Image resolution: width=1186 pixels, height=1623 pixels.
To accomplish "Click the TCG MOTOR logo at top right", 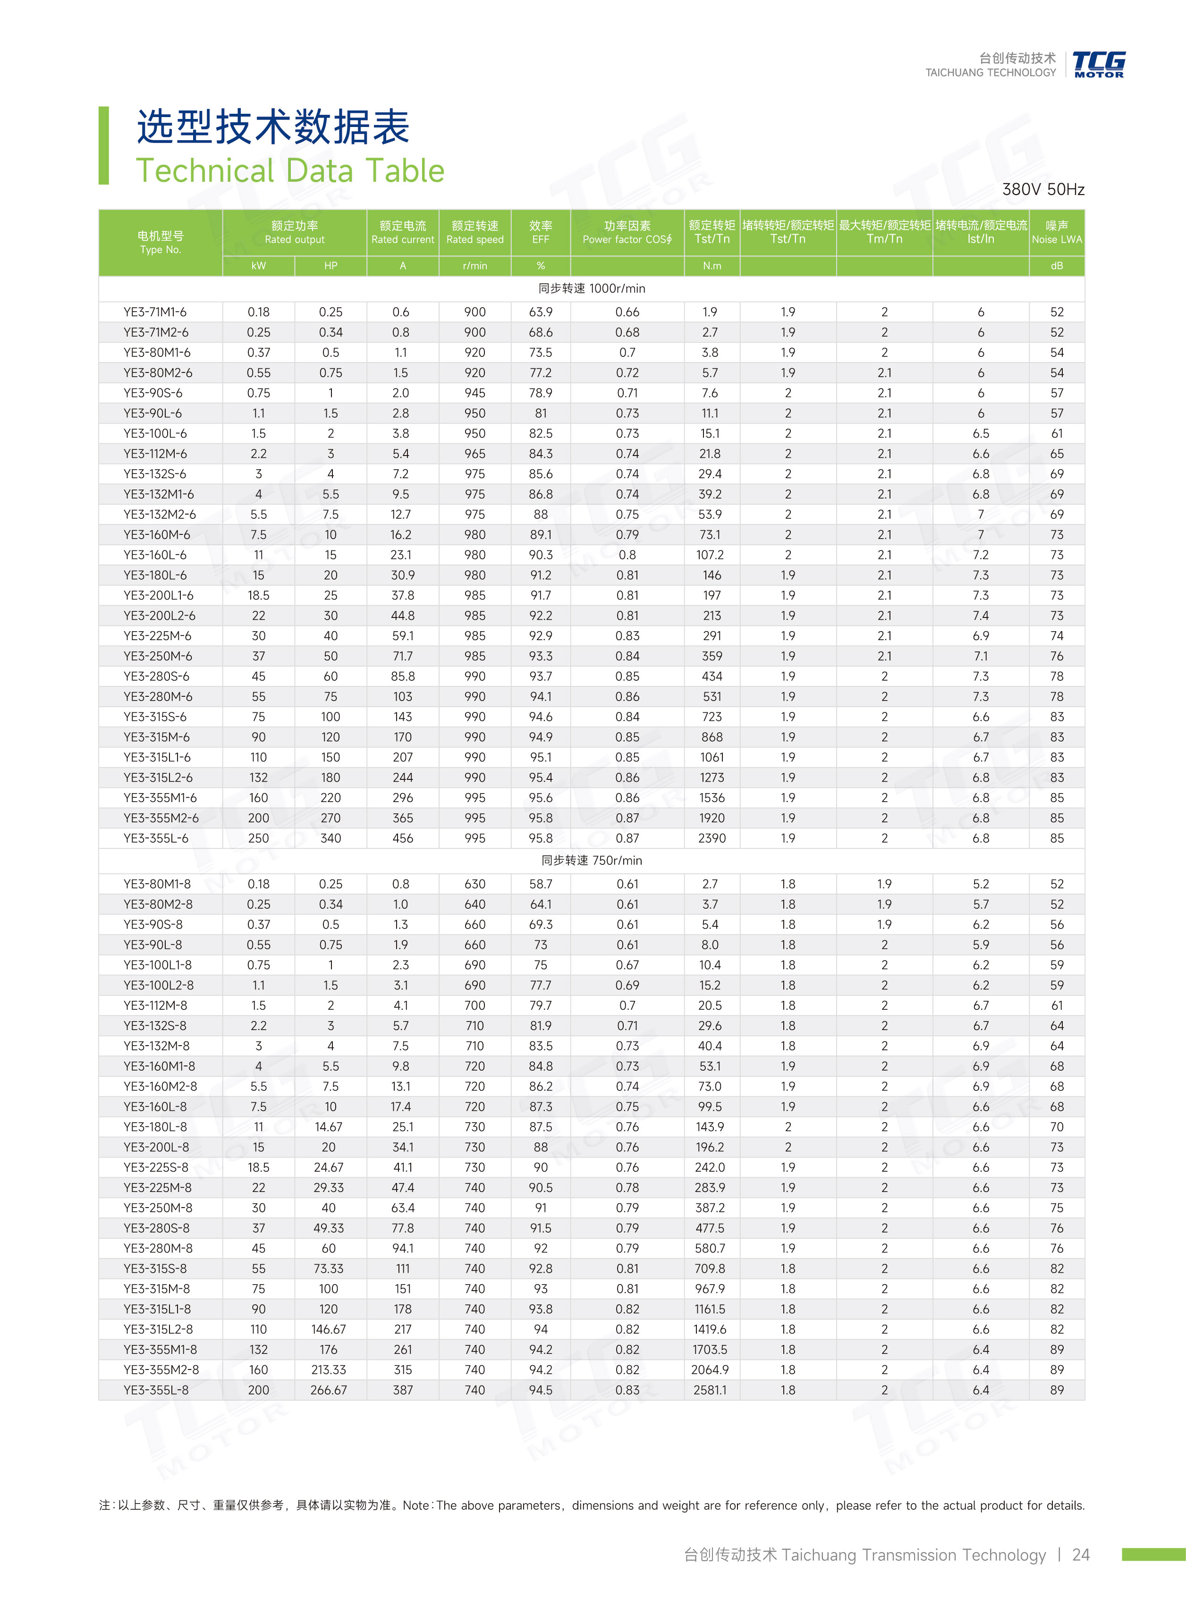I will click(x=1098, y=64).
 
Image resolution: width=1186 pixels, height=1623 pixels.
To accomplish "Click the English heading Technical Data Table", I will click(x=290, y=171).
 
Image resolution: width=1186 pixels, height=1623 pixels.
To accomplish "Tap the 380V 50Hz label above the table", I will click(x=1043, y=189).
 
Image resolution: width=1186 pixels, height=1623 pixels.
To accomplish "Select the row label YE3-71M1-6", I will click(x=155, y=312).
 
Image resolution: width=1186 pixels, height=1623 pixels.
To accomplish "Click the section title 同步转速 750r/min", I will click(x=592, y=861).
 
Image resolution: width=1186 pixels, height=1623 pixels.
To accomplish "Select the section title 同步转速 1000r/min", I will click(x=592, y=288).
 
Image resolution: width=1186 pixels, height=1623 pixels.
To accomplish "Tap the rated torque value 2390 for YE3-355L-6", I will click(x=712, y=838).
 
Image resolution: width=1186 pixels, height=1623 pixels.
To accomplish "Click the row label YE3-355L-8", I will click(x=156, y=1390).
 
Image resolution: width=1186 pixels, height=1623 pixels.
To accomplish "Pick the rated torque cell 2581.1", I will click(x=710, y=1390).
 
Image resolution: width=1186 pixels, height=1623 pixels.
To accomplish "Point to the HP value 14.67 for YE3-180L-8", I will click(x=329, y=1127).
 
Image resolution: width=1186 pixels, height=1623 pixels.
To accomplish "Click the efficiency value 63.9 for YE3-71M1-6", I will click(x=541, y=312).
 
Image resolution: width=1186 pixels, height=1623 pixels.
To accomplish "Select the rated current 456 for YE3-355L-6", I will click(x=403, y=838).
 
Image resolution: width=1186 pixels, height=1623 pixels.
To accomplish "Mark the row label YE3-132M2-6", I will click(x=160, y=515).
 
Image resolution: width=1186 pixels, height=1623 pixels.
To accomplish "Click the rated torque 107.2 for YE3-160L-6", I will click(x=710, y=555).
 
